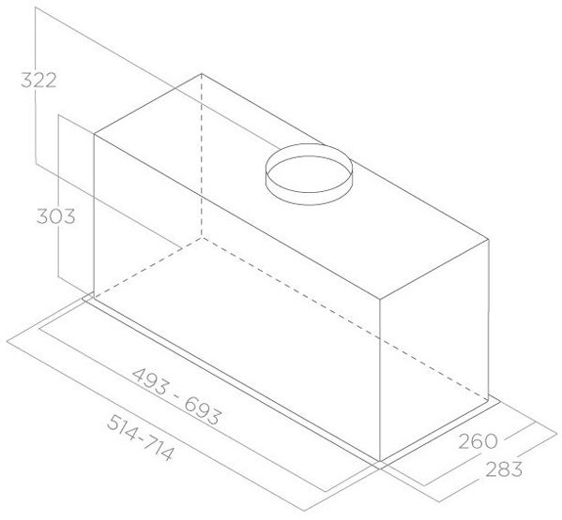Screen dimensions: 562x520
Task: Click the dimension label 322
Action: coord(38,81)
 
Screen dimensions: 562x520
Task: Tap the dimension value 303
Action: coord(56,216)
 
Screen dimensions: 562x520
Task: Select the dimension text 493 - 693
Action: coord(176,396)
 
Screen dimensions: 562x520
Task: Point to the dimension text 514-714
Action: coord(141,438)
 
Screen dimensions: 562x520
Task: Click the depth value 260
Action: coord(478,441)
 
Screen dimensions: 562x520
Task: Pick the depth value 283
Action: coord(504,469)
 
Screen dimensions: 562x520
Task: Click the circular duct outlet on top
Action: coord(309,174)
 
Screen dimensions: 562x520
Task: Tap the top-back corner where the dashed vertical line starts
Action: coord(202,74)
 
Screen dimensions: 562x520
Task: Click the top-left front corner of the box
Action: coord(94,134)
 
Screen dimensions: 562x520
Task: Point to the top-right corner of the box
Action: coord(489,239)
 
